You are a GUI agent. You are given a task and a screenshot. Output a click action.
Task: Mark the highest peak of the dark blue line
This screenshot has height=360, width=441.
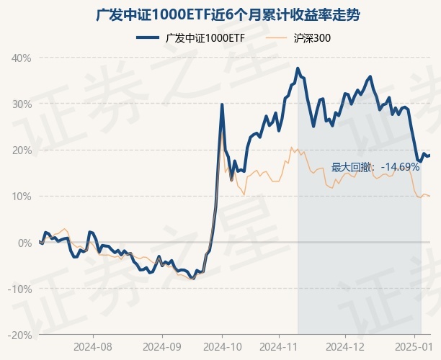pos(298,68)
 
